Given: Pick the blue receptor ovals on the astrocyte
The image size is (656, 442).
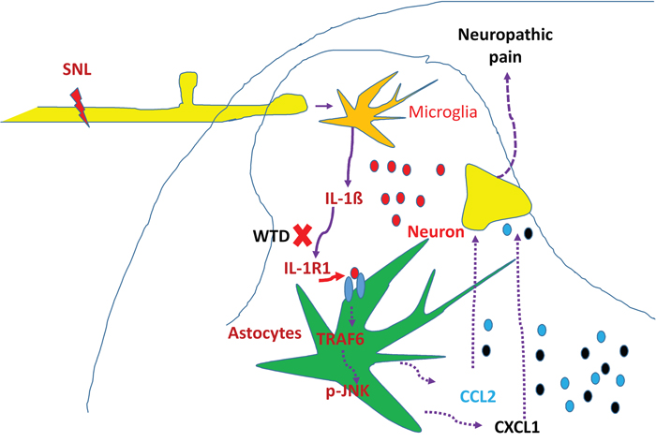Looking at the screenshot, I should click(354, 287).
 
